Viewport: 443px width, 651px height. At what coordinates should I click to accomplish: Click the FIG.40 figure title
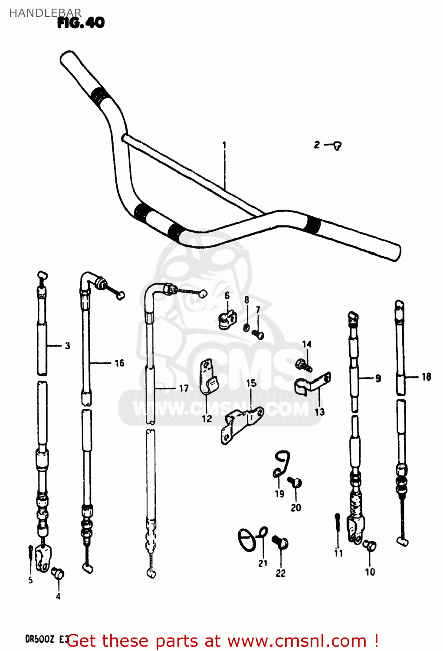[81, 23]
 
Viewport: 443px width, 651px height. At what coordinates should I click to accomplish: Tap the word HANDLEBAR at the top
[45, 13]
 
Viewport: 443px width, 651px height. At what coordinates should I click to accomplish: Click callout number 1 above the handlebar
[224, 145]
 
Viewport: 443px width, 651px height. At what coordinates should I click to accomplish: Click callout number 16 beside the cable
[119, 363]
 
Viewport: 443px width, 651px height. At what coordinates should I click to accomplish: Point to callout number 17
[184, 388]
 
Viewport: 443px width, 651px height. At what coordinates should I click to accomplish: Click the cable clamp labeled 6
[226, 320]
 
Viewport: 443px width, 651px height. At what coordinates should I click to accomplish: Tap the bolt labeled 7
[258, 334]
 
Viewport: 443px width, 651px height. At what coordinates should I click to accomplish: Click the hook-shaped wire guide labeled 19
[282, 464]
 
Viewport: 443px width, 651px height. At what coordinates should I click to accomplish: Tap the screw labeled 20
[296, 482]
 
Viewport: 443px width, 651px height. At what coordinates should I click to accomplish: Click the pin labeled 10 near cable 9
[370, 546]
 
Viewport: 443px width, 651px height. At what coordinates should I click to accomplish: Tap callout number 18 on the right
[426, 377]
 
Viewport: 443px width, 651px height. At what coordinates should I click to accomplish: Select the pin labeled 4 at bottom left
[57, 573]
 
